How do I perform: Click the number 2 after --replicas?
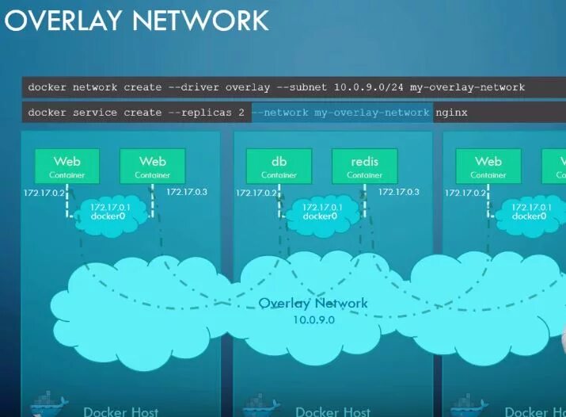click(x=241, y=113)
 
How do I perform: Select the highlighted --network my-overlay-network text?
click(x=341, y=113)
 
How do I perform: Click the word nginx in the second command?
click(x=451, y=113)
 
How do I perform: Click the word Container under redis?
click(x=364, y=175)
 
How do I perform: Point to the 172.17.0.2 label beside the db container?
click(x=257, y=193)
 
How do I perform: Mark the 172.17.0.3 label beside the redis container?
click(x=399, y=192)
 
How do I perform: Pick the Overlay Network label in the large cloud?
click(x=313, y=303)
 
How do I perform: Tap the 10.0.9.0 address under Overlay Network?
click(x=313, y=319)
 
